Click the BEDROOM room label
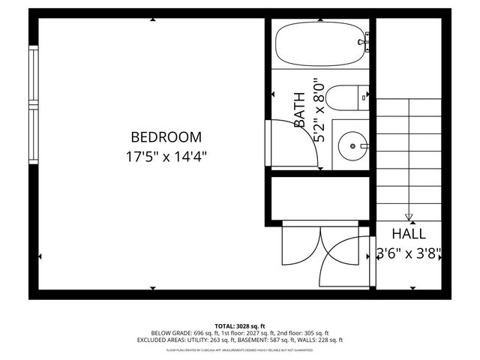click(166, 137)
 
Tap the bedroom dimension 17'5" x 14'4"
click(166, 157)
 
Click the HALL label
click(408, 234)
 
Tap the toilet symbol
click(349, 97)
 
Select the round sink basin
click(349, 143)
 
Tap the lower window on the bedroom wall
click(33, 136)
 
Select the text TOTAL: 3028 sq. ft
click(239, 326)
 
